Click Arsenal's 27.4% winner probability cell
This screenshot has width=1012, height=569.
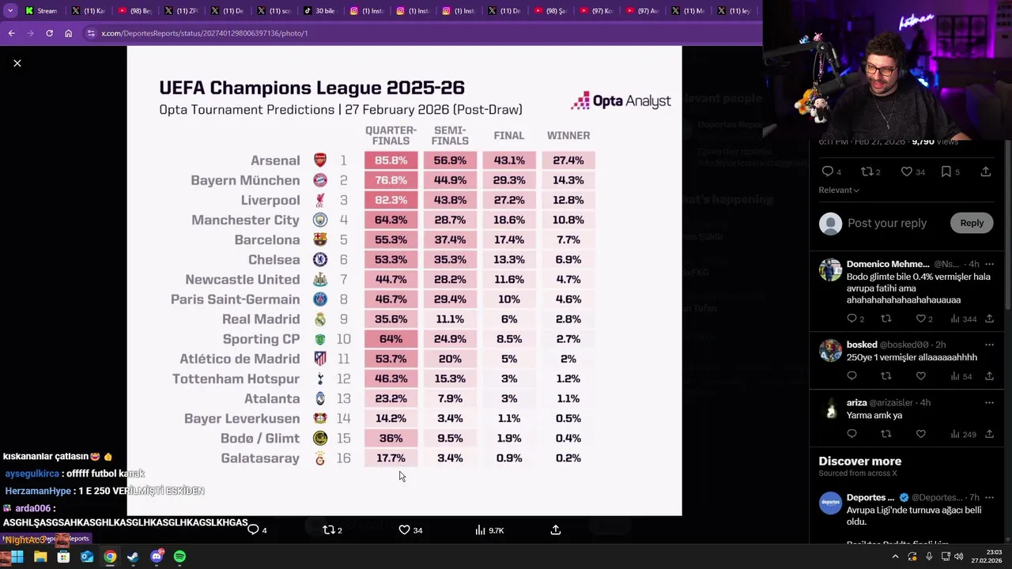point(568,160)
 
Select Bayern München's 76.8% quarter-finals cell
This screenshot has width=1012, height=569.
point(391,180)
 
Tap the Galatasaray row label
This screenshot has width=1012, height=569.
point(259,458)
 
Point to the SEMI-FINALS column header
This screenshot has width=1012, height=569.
point(450,135)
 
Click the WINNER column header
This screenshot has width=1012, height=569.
point(568,135)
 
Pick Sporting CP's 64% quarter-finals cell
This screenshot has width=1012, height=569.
point(391,339)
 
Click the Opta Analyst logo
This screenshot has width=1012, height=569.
point(621,101)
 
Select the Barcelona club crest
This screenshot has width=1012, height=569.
point(320,239)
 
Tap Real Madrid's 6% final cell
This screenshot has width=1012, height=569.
point(508,319)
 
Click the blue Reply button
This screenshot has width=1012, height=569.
point(972,223)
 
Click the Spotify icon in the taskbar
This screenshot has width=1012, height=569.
point(179,556)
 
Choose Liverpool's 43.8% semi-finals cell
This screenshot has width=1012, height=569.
point(450,200)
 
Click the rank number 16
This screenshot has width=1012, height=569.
point(343,458)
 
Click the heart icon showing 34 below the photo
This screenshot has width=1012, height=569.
point(404,529)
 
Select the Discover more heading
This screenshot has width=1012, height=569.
point(859,461)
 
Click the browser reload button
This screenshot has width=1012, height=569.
point(49,33)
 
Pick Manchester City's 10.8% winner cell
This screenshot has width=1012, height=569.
point(568,220)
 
